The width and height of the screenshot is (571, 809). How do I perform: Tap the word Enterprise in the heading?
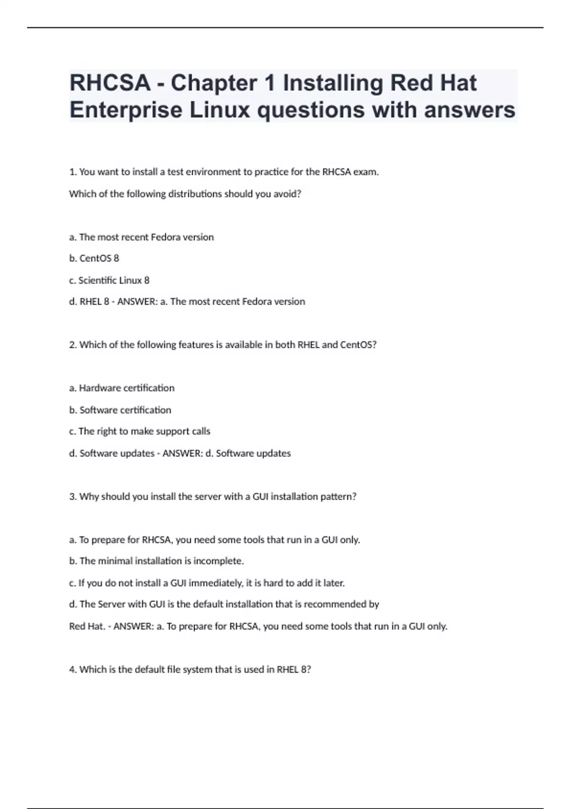(126, 110)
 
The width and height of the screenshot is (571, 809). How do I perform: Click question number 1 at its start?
(73, 172)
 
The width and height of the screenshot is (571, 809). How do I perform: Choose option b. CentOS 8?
(94, 258)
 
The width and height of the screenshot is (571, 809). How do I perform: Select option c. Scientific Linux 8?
(109, 280)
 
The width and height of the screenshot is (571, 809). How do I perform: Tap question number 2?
(73, 345)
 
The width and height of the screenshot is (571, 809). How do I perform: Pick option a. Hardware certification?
(122, 388)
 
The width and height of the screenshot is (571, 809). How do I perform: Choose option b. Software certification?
(120, 410)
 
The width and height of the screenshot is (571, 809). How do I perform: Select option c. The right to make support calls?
(139, 431)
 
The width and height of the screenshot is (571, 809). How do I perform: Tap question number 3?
(73, 496)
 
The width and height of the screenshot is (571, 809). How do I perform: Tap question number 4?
(73, 670)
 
